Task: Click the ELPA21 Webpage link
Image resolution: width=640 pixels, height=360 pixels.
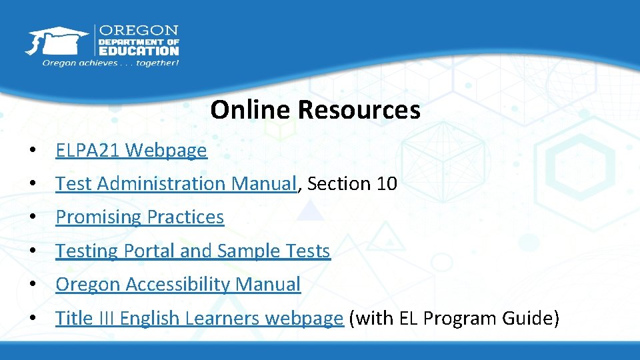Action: click(131, 151)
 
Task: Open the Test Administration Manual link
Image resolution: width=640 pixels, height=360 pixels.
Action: click(175, 183)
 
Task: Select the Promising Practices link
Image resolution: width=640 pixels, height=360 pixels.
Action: click(139, 217)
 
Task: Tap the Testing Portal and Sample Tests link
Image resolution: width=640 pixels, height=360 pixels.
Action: click(193, 251)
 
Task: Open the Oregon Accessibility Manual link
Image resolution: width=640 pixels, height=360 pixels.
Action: click(178, 285)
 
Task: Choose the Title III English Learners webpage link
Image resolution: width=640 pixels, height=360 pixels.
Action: click(199, 319)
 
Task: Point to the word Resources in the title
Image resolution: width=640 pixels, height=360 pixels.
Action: click(359, 110)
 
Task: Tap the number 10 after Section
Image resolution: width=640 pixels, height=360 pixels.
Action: click(387, 183)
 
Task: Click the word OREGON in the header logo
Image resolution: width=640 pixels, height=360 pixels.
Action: click(139, 31)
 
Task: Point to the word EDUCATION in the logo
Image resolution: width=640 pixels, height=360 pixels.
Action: click(139, 50)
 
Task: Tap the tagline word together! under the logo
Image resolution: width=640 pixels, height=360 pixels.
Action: click(158, 63)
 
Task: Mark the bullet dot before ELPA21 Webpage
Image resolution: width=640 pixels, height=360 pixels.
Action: click(33, 151)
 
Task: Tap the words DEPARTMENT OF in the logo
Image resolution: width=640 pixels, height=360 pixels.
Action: click(139, 41)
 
